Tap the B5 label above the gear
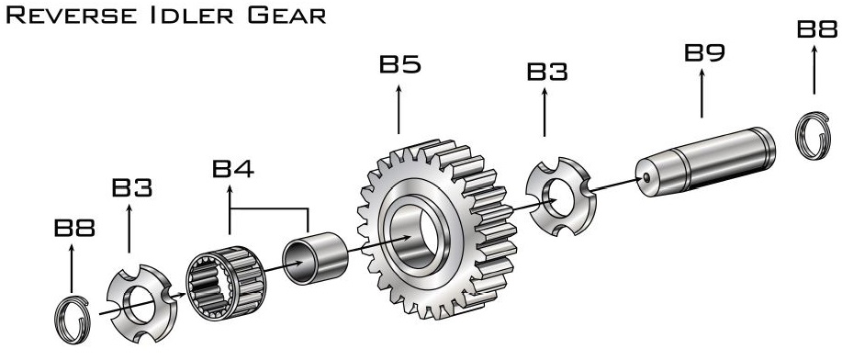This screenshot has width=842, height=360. click(x=400, y=64)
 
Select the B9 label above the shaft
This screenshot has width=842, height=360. click(x=704, y=52)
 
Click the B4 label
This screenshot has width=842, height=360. click(x=233, y=168)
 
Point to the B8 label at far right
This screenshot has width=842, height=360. click(x=817, y=28)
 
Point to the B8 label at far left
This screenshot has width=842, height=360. click(x=74, y=228)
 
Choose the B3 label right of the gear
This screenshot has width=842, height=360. click(x=547, y=72)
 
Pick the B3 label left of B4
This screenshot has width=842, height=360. click(x=132, y=187)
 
